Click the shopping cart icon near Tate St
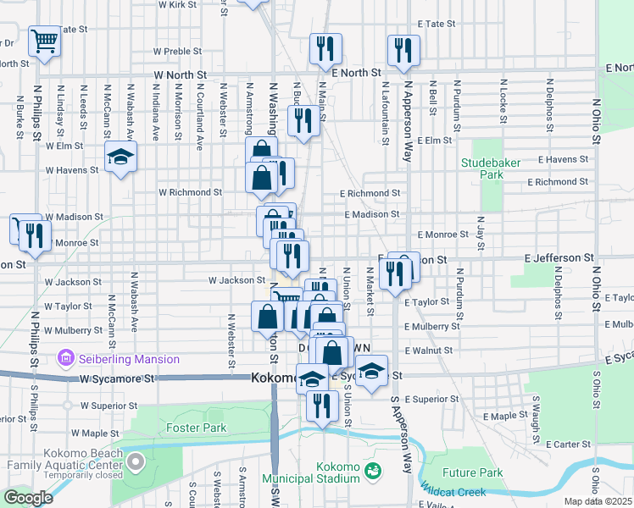pos(44,40)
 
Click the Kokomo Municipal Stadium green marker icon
pos(371,467)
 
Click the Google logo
pos(28,498)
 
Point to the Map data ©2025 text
pos(598,501)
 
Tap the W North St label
pos(181,75)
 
